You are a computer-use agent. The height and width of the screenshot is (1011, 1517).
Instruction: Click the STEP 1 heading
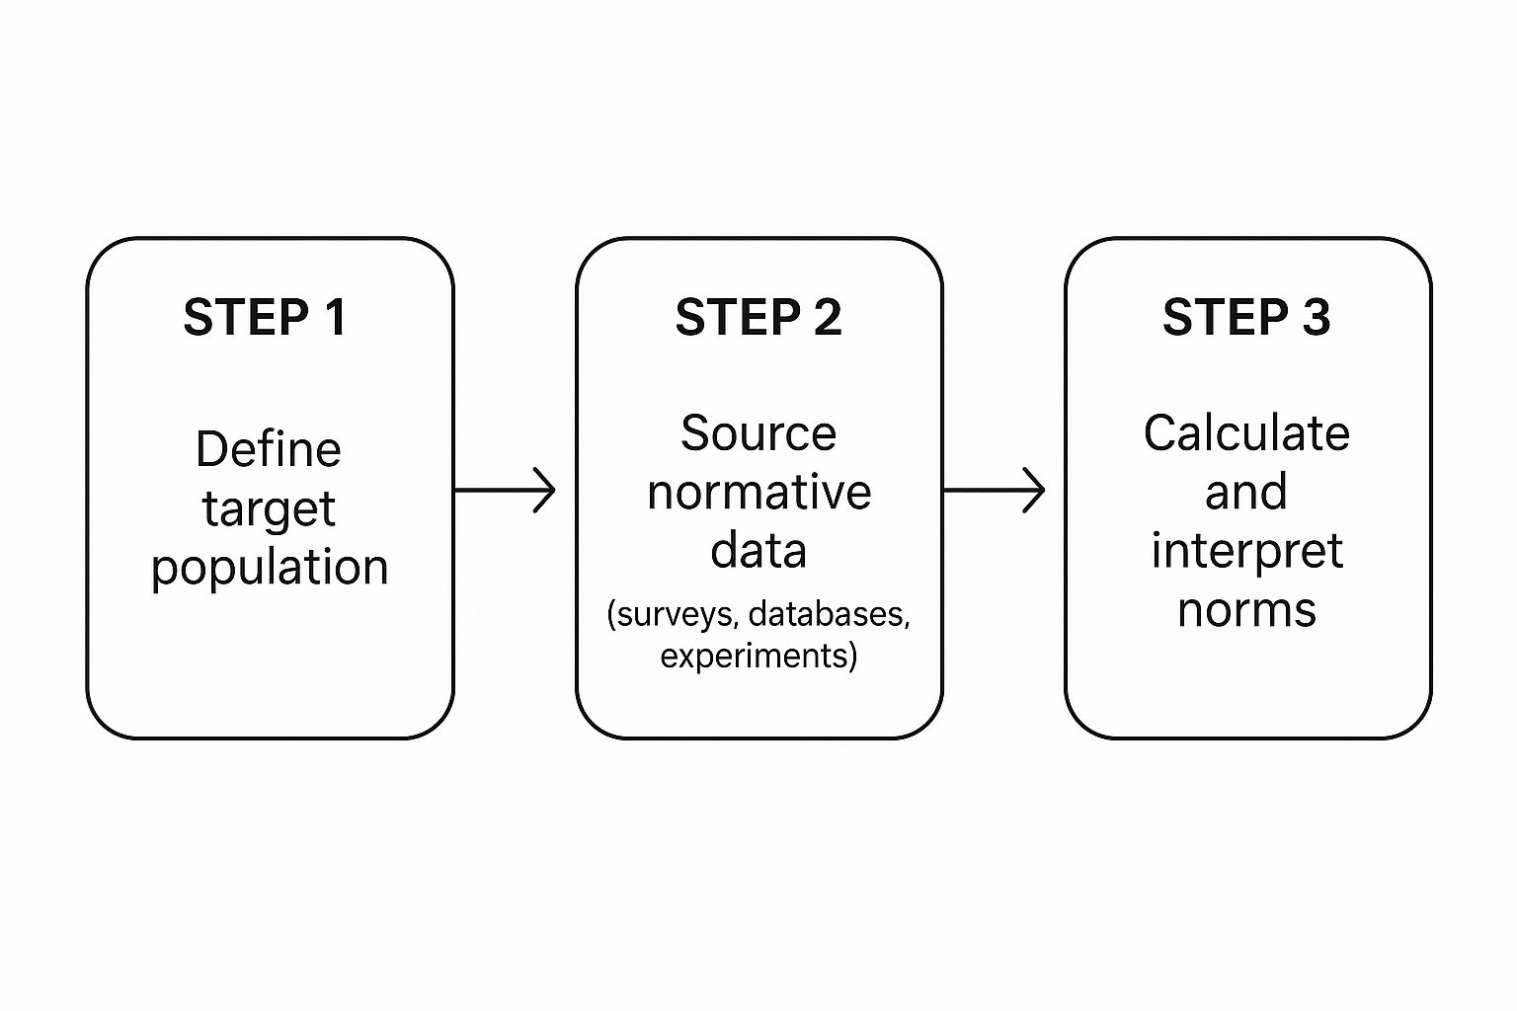coord(265,318)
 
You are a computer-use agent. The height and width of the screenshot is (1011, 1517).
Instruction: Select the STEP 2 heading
coord(758,318)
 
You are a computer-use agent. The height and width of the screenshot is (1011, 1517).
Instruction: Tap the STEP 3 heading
coord(1246,318)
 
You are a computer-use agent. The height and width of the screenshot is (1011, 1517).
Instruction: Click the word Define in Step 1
coord(269,449)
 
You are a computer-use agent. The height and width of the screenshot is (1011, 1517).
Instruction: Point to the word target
coord(269,509)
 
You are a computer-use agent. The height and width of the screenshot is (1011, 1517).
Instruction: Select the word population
coord(270,568)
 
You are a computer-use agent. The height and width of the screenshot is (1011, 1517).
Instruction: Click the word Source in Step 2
coord(758,433)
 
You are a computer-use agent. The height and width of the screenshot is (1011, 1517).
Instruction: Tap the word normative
coord(758,492)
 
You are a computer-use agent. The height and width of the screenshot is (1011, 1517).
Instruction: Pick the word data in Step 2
coord(758,550)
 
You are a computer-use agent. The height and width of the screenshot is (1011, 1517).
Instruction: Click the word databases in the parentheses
coord(828,614)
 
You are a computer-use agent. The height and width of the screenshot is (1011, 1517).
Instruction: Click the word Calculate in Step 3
coord(1246,433)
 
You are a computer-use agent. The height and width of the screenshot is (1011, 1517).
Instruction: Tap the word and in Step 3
coord(1246,492)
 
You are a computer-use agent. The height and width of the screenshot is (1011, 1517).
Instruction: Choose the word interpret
coord(1246,551)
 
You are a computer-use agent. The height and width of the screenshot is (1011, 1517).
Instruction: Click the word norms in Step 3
coord(1246,610)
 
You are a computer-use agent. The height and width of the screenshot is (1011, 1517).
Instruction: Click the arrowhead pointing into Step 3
coord(1034,490)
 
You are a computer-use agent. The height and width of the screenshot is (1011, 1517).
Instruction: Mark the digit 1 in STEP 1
coord(335,318)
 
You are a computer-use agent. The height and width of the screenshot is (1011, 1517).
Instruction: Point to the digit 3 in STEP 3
coord(1316,318)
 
